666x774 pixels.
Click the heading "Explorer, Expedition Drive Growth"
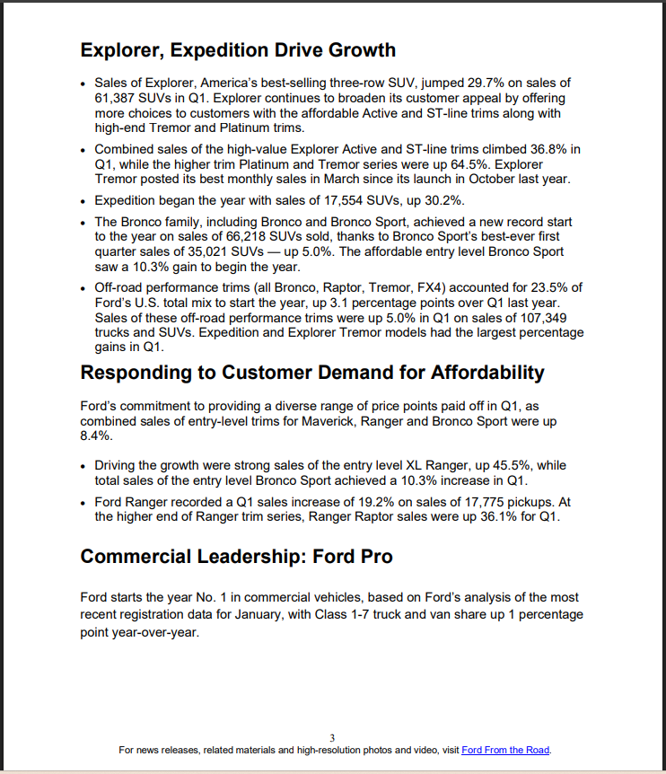click(238, 49)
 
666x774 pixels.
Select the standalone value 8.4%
click(96, 435)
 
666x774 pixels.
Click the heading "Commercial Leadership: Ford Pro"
click(236, 557)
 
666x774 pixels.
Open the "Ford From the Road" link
click(504, 750)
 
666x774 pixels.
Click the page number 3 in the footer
click(333, 737)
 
